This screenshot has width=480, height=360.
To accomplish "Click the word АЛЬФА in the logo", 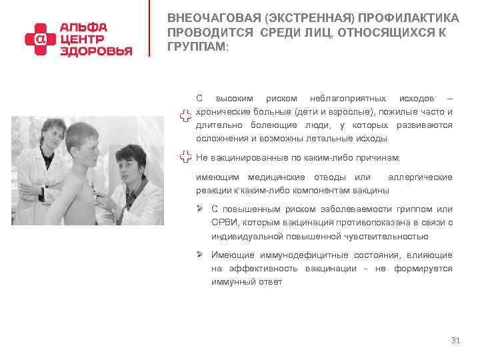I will [x=84, y=27].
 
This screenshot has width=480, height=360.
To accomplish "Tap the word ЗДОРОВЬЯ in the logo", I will [x=97, y=51].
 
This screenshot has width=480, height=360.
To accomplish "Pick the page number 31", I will [x=456, y=341].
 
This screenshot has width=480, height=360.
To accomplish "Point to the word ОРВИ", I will [x=223, y=223].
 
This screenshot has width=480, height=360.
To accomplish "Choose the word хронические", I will [x=222, y=112].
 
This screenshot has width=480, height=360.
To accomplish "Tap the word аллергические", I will [x=420, y=177].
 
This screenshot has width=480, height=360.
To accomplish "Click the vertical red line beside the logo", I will [x=149, y=30].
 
